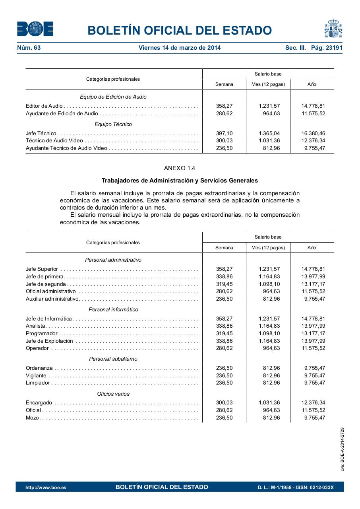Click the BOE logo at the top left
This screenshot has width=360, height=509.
point(35,29)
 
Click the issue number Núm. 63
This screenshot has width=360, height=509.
point(29,48)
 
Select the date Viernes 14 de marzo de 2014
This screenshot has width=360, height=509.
point(180,48)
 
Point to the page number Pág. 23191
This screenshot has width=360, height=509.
point(327,48)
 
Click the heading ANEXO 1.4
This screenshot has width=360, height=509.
point(180,168)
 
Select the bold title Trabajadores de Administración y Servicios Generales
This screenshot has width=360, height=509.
point(180,181)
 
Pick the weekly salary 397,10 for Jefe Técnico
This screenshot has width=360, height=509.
point(224,133)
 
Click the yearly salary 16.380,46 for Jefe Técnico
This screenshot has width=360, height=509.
point(313,133)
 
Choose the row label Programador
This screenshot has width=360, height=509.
point(42,334)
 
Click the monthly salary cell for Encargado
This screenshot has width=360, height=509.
point(269,403)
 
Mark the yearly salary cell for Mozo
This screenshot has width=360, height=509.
point(314,418)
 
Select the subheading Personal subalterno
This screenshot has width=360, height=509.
point(113,359)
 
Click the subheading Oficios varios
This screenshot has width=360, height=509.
point(113,394)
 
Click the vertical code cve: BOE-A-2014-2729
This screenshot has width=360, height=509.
point(343,449)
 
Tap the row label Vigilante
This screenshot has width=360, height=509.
point(36,376)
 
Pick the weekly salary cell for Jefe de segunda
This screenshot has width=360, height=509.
point(224,284)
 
